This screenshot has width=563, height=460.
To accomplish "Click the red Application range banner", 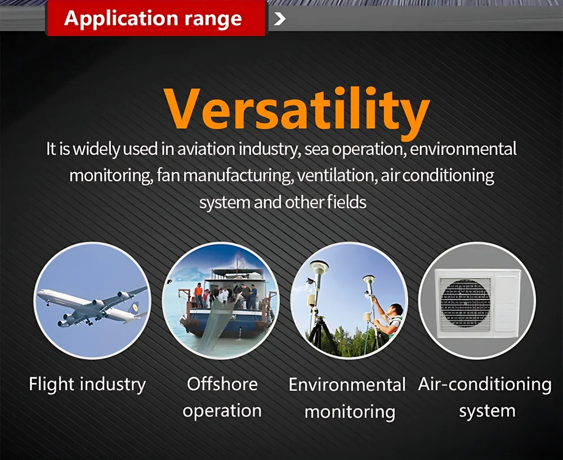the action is click(156, 18).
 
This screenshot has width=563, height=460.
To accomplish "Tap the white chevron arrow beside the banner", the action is click(280, 19).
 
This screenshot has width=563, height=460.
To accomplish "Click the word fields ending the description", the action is click(346, 202).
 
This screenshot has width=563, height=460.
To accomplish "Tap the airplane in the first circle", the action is click(92, 306).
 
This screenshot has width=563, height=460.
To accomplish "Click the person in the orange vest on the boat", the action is click(199, 294).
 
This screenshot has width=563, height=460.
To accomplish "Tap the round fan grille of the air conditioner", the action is click(466, 301).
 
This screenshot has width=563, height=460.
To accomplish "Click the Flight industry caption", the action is click(87, 384).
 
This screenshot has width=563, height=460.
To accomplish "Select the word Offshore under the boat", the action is click(222, 383).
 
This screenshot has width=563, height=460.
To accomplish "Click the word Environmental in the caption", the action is click(347, 384).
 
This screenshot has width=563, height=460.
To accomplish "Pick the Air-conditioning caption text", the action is click(485, 384).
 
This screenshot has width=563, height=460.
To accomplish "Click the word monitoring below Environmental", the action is click(350, 412).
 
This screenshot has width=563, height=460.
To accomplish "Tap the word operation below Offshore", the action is click(222, 411).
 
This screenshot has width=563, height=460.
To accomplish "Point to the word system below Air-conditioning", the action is click(487, 411).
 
